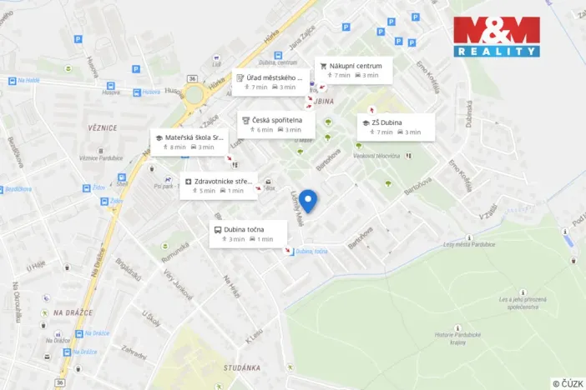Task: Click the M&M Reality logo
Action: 497,37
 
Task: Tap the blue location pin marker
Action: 309,201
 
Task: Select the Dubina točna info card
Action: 248,233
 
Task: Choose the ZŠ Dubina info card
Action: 396,127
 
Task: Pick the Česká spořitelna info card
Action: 275,124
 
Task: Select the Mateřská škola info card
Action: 189,141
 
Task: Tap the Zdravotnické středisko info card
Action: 220,185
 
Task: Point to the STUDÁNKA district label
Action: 243,367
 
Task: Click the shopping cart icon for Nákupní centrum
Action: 323,66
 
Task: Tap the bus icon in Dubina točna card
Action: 217,229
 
